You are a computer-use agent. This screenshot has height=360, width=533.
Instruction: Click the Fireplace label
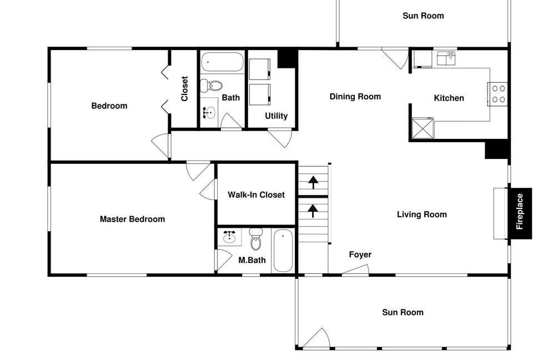point(520,211)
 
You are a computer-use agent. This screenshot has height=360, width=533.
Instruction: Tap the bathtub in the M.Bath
point(283,251)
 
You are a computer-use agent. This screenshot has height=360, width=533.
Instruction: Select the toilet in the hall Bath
point(212,86)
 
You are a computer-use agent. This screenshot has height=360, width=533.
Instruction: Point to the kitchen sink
point(446,58)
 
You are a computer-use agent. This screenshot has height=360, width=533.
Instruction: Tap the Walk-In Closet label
point(256,195)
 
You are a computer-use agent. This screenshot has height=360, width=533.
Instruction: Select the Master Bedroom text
point(132,219)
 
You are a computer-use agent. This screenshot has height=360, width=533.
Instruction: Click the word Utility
point(276,116)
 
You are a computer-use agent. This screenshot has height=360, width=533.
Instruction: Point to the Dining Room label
point(355,97)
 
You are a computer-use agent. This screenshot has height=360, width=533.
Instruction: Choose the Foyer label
point(360,255)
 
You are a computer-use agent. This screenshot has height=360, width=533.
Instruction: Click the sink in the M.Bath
point(229,237)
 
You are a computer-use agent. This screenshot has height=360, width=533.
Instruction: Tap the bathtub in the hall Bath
point(222,62)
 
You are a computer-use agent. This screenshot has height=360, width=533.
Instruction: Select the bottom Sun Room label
point(403,313)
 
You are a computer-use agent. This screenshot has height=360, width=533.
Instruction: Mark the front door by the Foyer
point(355,270)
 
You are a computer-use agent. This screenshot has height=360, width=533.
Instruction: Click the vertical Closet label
point(185,89)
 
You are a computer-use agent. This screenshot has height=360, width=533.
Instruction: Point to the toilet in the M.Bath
point(256,239)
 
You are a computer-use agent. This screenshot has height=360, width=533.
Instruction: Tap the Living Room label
point(421,214)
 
